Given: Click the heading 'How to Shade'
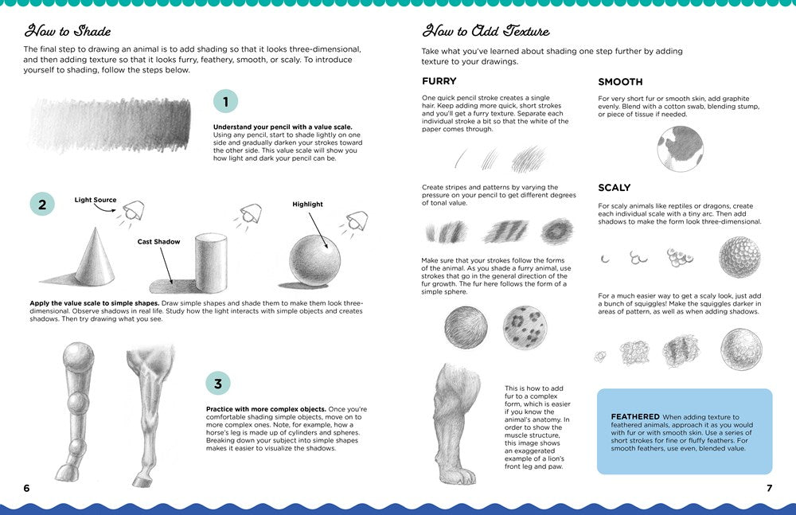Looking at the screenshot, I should [x=68, y=31].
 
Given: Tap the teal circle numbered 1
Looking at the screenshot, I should [x=225, y=101].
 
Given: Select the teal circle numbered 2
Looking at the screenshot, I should [x=41, y=204].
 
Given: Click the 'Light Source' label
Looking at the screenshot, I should [x=96, y=200].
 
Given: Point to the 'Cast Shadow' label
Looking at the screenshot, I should [x=159, y=241].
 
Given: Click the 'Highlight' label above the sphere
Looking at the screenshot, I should [x=307, y=204].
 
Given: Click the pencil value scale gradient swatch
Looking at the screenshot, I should [x=109, y=124].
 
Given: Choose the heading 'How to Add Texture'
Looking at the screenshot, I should [x=485, y=31].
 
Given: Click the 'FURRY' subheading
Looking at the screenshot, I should [x=439, y=81].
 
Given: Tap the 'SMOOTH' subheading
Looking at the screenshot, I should [x=620, y=81].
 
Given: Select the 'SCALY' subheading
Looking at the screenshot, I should [x=614, y=188].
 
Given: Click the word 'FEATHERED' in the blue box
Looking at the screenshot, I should [x=635, y=416].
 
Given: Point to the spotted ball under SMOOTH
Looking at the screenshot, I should [x=680, y=149].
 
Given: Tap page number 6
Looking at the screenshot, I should [x=26, y=487].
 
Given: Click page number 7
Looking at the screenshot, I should [x=769, y=487].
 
